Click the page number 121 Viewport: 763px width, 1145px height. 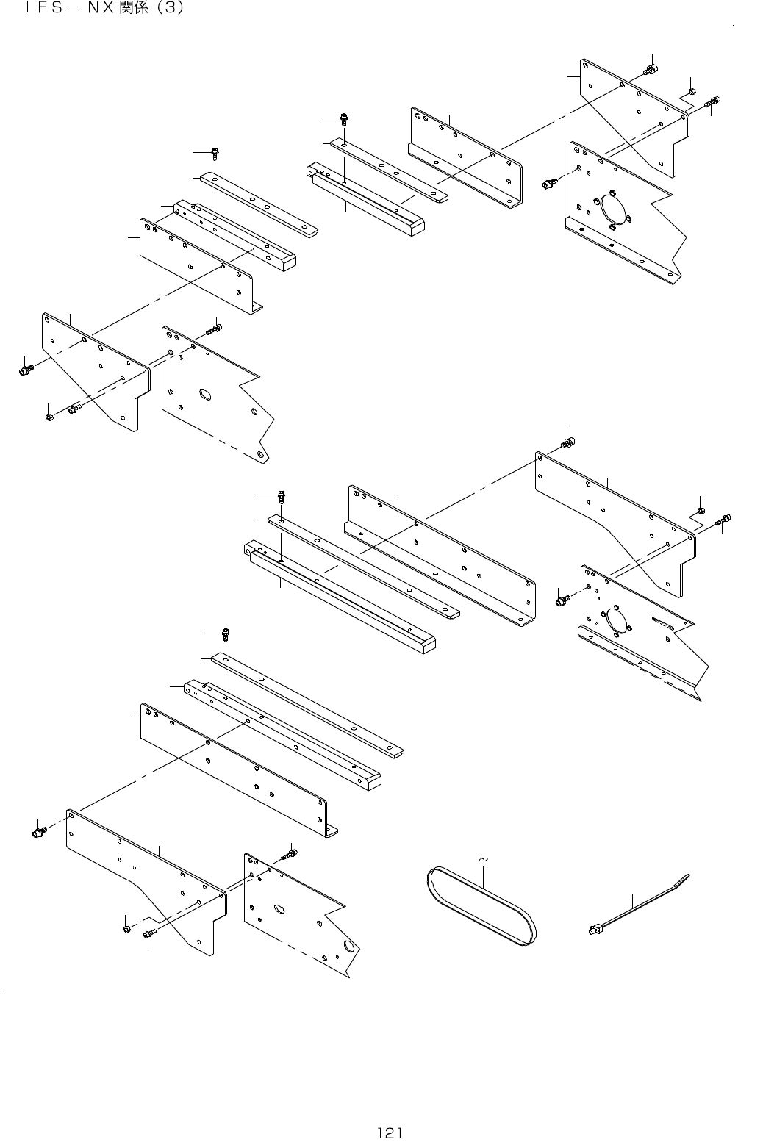[390, 1133]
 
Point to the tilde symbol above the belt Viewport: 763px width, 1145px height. [483, 858]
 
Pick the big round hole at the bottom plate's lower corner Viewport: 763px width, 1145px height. [351, 946]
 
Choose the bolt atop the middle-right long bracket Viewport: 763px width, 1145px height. [567, 442]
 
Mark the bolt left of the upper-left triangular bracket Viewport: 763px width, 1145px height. [26, 369]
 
